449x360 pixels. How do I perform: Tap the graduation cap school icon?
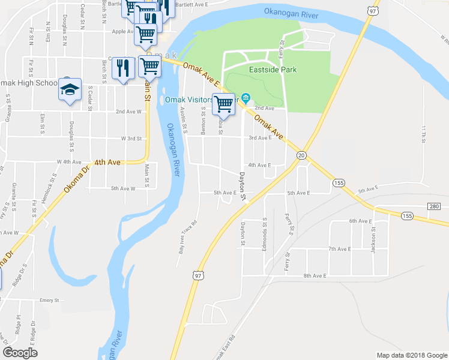[x=70, y=90]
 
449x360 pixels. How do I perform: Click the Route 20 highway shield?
[x=300, y=155]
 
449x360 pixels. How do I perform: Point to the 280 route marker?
[x=434, y=206]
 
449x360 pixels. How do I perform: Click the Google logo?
[x=20, y=353]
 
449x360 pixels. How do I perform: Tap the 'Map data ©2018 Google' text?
[x=411, y=355]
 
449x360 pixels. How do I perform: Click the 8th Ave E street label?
[x=314, y=275]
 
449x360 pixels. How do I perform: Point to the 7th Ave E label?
[x=339, y=248]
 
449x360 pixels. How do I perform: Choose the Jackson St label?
[x=373, y=238]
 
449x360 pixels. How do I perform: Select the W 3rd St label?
[x=131, y=139]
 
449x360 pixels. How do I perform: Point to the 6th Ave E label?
[x=361, y=221]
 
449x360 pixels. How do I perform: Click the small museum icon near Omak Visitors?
[x=246, y=98]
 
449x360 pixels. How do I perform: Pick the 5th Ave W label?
[x=123, y=188]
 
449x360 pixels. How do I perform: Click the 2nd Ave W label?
[x=128, y=111]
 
